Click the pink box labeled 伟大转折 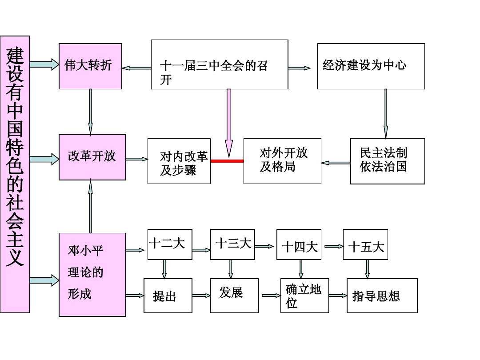click(90, 66)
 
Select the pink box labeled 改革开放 click(92, 157)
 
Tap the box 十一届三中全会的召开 click(219, 64)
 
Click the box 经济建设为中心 click(371, 66)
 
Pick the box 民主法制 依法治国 click(387, 161)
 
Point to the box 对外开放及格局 click(282, 161)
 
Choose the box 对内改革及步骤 click(179, 161)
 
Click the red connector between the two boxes click(227, 161)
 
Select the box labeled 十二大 click(167, 244)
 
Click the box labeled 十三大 click(232, 244)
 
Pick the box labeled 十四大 click(299, 245)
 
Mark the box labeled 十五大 click(365, 245)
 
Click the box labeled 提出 click(168, 296)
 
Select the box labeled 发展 click(234, 296)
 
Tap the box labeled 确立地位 click(304, 296)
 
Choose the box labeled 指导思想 click(382, 296)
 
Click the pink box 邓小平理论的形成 click(92, 274)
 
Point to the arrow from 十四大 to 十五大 click(333, 246)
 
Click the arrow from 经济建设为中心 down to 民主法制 click(385, 113)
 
